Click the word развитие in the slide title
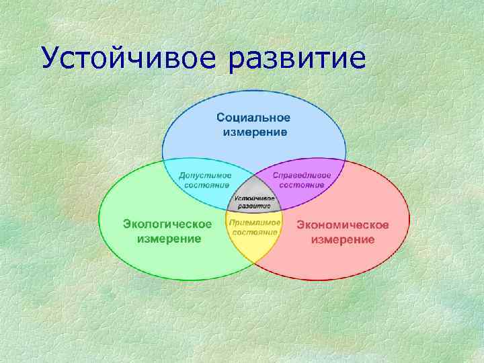click(298, 58)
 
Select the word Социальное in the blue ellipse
click(253, 118)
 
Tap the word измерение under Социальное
click(255, 132)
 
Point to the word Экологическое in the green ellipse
click(167, 224)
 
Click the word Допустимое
click(205, 175)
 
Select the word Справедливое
click(302, 175)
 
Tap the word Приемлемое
click(254, 222)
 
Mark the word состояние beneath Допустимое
click(205, 185)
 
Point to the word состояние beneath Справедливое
click(302, 185)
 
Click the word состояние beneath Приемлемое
click(254, 232)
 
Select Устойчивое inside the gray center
click(254, 199)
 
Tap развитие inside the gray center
click(254, 208)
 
